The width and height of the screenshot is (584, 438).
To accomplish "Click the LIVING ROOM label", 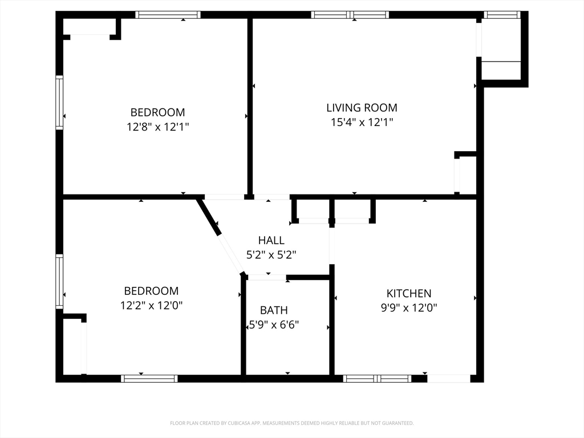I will coord(362,108).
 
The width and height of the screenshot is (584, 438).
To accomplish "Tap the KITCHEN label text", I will coord(408,294).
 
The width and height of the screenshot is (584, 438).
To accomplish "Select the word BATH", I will coord(274,311).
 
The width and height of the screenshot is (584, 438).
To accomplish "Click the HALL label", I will coord(271,241).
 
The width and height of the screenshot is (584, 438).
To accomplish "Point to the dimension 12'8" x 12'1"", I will coord(157,127).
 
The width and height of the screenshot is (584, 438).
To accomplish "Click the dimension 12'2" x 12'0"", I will coord(151,306).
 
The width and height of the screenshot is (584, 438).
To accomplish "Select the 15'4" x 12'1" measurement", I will coord(362,122).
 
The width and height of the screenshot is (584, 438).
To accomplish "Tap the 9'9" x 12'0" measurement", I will coord(408,308).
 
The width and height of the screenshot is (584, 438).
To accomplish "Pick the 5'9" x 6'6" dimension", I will coord(274,325).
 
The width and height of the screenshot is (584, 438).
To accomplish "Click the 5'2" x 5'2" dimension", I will coord(271,255).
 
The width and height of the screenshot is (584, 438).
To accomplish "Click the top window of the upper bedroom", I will coord(168,15).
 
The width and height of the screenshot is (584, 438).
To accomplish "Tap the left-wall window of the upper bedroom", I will coord(59,103).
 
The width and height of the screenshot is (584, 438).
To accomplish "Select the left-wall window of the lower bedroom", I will coord(59,282).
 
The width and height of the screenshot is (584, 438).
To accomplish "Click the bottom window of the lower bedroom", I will coord(149,379).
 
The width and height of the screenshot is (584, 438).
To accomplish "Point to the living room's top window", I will coord(350,15).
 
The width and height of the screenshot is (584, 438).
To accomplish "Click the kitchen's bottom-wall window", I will coord(376,379).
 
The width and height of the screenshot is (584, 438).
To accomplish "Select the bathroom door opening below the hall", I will coord(267,278).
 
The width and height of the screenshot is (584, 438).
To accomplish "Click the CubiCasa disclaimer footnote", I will coord(291,423).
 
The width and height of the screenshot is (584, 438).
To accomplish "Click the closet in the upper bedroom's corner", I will coord(90,27).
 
